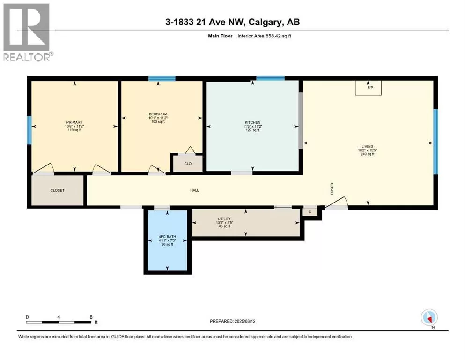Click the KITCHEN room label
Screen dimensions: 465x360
tap(253, 122)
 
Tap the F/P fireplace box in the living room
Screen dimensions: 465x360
tap(369, 88)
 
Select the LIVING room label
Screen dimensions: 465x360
tap(368, 146)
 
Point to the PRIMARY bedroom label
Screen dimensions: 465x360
tap(74, 122)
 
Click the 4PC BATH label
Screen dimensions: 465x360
tap(167, 237)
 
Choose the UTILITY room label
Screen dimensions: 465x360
tap(224, 219)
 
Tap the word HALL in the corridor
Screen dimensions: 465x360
tap(194, 190)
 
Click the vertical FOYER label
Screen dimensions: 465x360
tap(332, 189)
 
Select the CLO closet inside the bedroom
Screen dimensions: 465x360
tap(188, 163)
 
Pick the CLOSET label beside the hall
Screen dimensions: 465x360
tap(57, 190)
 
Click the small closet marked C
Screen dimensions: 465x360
tap(310, 212)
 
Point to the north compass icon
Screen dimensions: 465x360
tap(429, 317)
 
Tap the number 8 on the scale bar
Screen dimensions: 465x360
tap(91, 317)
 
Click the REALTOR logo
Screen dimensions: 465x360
tap(27, 32)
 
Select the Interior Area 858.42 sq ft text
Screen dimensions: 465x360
tap(264, 36)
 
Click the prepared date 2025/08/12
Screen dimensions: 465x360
tap(244, 321)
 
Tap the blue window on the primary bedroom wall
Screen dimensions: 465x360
tap(30, 130)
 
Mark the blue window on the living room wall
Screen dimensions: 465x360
tap(435, 142)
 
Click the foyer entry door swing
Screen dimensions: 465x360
tap(337, 202)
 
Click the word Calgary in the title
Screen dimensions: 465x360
tap(265, 22)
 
